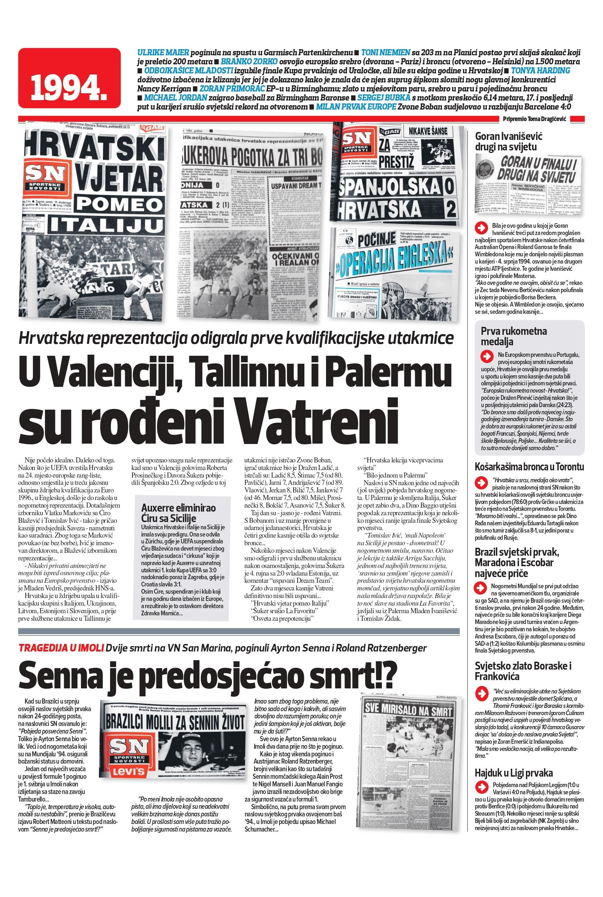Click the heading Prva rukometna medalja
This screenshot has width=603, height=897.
point(514,336)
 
